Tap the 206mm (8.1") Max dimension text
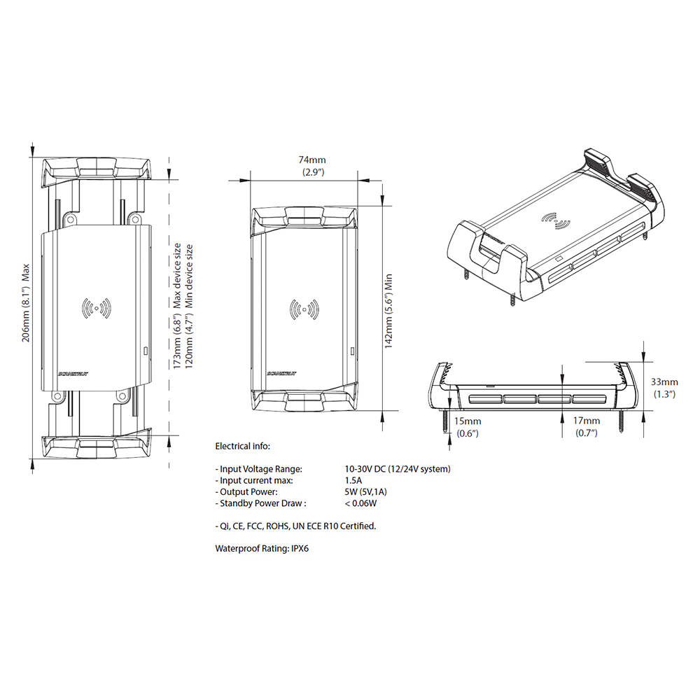26,303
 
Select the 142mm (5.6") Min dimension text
388,311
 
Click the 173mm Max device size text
177,306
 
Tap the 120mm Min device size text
189,306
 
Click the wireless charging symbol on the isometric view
556,220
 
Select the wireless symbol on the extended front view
96,308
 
